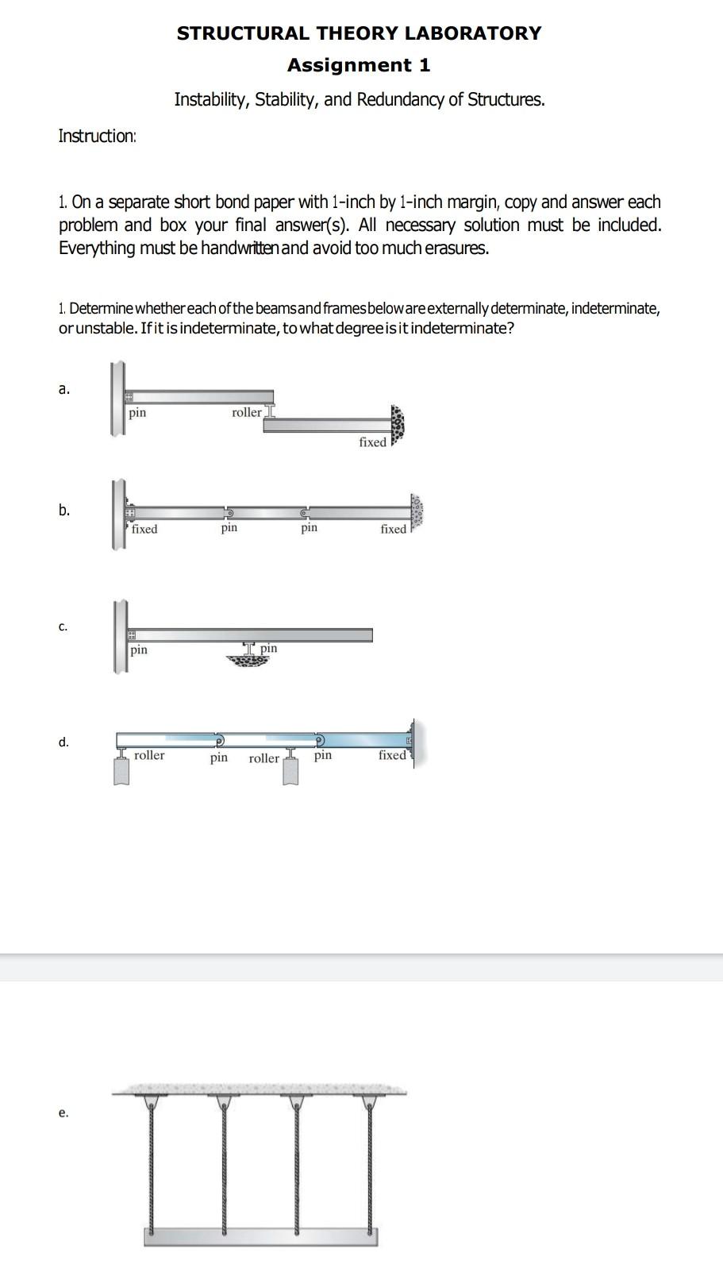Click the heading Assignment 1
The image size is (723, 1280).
tap(359, 65)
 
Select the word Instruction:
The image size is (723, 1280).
tap(98, 136)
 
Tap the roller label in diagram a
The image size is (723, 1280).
tap(246, 412)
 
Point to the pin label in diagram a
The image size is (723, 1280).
tap(137, 412)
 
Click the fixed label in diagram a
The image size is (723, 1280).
tap(372, 442)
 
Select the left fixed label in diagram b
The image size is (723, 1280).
tap(144, 529)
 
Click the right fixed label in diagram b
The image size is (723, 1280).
tap(393, 529)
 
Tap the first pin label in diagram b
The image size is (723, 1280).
tap(229, 527)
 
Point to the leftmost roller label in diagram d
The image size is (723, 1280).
tap(149, 755)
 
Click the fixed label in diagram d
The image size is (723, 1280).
tap(392, 755)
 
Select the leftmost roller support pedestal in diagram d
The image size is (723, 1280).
tap(121, 770)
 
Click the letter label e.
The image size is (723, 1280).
tap(63, 1112)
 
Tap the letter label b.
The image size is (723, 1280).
tap(63, 510)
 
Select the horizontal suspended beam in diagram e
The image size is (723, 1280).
tap(260, 1237)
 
